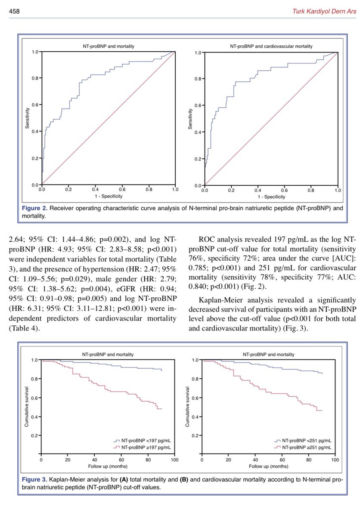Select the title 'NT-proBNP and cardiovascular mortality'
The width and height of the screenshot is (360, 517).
pos(271,46)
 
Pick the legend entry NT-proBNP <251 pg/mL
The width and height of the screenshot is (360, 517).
pos(306,441)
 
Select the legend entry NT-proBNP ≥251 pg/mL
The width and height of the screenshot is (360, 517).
pos(306,448)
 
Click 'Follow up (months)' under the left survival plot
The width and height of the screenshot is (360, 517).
pos(108,467)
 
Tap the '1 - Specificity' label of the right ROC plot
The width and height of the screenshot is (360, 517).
pos(271,196)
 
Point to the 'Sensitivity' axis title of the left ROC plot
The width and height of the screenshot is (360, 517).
pos(33,118)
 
